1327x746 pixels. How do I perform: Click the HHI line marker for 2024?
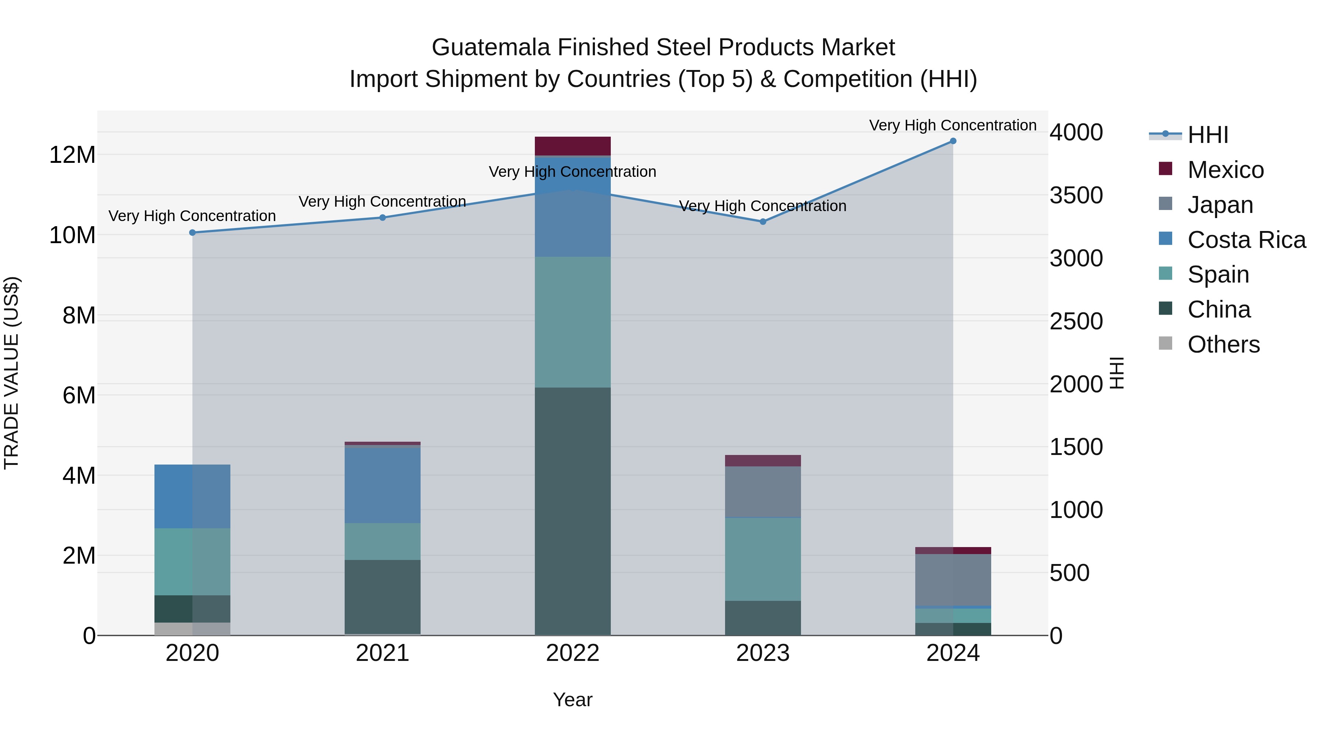click(952, 141)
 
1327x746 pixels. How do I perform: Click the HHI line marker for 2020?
click(193, 233)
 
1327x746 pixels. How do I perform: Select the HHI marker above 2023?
click(763, 222)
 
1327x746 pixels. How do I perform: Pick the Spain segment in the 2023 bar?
click(763, 559)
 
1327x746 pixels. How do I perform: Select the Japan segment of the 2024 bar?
click(952, 580)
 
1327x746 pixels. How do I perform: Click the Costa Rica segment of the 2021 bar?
click(382, 485)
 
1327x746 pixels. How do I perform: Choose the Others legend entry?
click(1223, 344)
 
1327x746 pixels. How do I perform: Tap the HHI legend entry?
click(1208, 135)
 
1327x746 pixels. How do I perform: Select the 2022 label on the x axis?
click(572, 653)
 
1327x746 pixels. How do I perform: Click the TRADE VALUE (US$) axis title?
click(11, 373)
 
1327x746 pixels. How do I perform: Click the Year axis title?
click(572, 700)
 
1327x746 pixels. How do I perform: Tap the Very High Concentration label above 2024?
click(952, 125)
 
